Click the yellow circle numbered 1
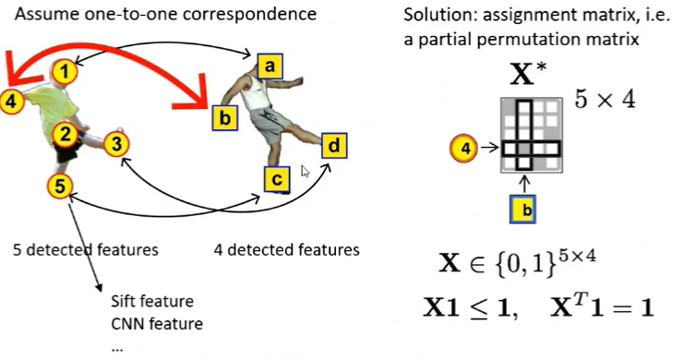point(63,69)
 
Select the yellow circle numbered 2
point(63,135)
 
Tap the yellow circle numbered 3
point(115,143)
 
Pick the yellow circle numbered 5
point(59,186)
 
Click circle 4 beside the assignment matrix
point(465,147)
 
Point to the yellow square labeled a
point(270,66)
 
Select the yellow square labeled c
point(276,179)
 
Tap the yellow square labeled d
point(334,145)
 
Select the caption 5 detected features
point(86,249)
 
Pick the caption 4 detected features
point(286,249)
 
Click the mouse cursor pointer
point(306,172)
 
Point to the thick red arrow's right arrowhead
point(197,94)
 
